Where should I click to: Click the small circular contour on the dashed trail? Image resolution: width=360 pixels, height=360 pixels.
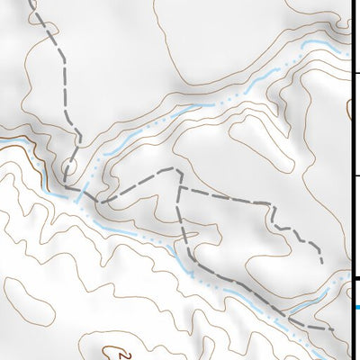(69, 166)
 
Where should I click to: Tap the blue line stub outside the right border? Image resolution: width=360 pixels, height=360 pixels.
(356, 308)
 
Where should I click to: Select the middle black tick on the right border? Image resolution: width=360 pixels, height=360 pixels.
(355, 175)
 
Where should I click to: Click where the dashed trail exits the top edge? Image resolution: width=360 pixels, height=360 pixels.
(33, 2)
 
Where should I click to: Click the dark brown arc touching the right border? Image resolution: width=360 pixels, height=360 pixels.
(350, 108)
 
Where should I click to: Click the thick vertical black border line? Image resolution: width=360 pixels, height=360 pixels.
(351, 180)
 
